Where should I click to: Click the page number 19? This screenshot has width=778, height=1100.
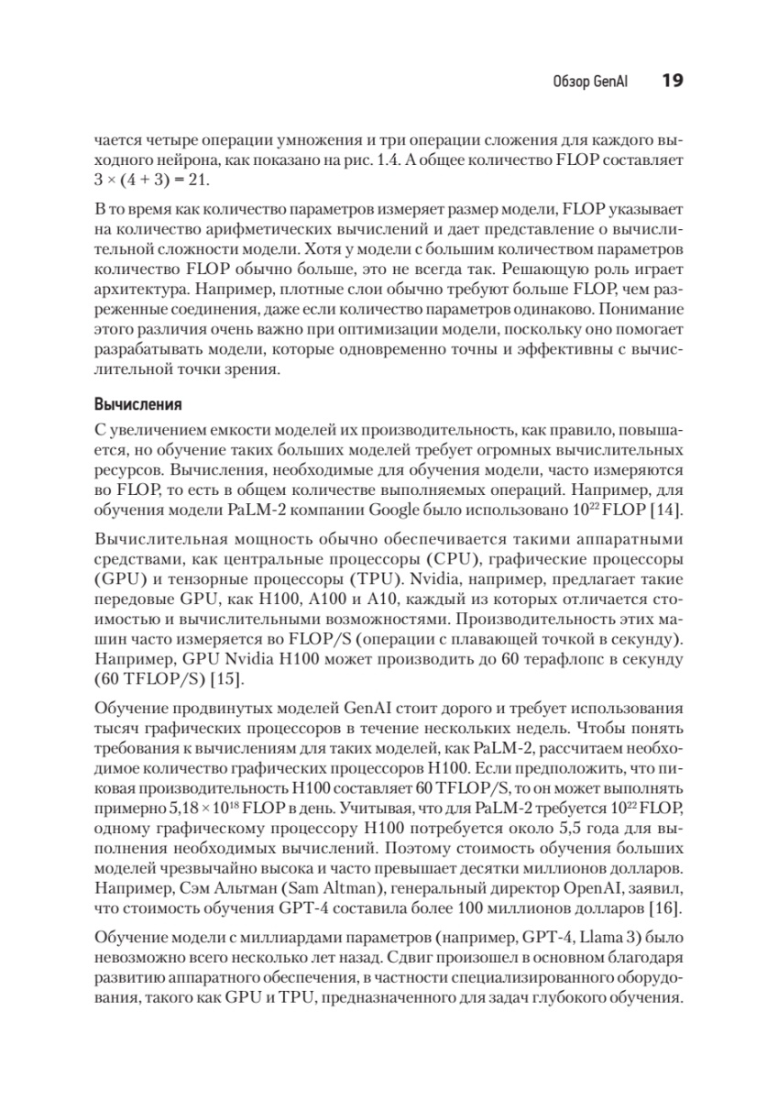pos(671,81)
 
